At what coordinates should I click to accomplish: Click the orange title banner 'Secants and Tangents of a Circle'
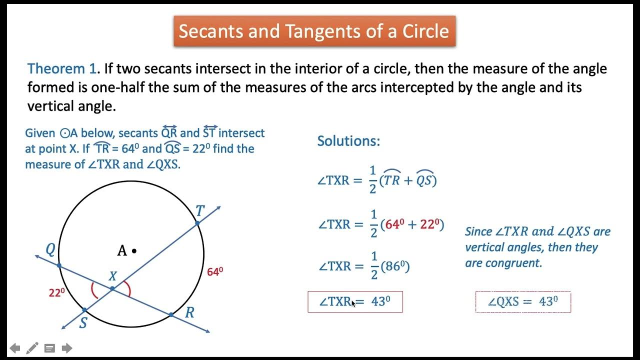pyautogui.click(x=314, y=31)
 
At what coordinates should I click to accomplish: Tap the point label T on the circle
pyautogui.click(x=200, y=211)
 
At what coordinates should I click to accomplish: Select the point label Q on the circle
pyautogui.click(x=50, y=249)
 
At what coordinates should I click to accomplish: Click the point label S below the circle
pyautogui.click(x=83, y=323)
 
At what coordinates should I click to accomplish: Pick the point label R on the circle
pyautogui.click(x=189, y=313)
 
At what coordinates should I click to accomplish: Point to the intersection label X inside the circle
pyautogui.click(x=112, y=276)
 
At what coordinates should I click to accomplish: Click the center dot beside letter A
pyautogui.click(x=134, y=251)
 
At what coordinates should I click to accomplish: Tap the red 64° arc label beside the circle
pyautogui.click(x=214, y=272)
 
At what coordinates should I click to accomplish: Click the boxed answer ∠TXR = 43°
pyautogui.click(x=355, y=301)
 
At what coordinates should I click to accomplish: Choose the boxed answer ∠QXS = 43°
pyautogui.click(x=522, y=301)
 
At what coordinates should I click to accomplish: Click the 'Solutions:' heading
pyautogui.click(x=348, y=141)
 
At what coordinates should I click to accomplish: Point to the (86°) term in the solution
pyautogui.click(x=395, y=266)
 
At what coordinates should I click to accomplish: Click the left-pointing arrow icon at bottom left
pyautogui.click(x=15, y=348)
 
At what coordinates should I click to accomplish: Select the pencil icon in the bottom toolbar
pyautogui.click(x=32, y=348)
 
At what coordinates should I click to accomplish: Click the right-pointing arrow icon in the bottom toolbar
pyautogui.click(x=67, y=348)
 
